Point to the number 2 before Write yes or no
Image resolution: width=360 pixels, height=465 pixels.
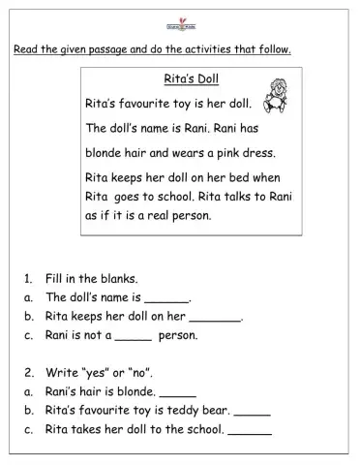pyautogui.click(x=27, y=372)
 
